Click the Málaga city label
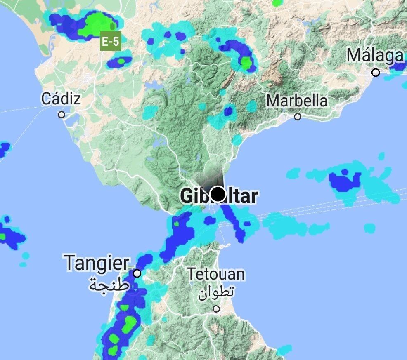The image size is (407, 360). pos(375,56)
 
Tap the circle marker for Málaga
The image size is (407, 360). pos(375,73)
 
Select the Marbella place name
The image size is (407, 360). pos(297,101)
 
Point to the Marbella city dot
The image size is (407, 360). pos(298,117)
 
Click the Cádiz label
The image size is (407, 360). pos(61,99)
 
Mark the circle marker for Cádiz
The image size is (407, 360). pos(62,115)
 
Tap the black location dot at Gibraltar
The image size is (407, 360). pos(217,194)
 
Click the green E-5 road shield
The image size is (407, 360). pos(111,41)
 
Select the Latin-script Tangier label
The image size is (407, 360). pos(97,263)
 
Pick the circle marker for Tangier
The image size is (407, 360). pos(137,273)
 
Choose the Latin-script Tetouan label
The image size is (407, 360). pos(216,274)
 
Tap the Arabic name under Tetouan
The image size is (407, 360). pos(216,292)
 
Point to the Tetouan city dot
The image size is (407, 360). pos(216,308)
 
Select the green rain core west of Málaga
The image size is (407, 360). pos(246,63)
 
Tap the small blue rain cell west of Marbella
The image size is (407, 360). pos(229,111)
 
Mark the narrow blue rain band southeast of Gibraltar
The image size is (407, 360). pos(233,222)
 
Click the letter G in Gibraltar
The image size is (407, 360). pos(187,197)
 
